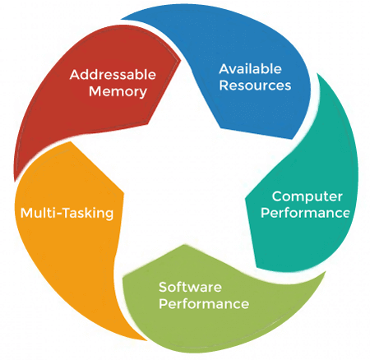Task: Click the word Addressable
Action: click(x=113, y=75)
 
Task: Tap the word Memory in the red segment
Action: click(x=118, y=92)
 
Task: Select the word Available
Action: click(x=250, y=69)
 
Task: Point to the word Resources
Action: click(x=255, y=85)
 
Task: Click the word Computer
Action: click(x=308, y=197)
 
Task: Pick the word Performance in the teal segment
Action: click(x=305, y=213)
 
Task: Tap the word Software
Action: click(x=190, y=287)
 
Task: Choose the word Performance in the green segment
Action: click(x=204, y=304)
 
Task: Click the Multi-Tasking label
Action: click(x=67, y=213)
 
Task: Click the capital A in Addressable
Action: click(x=76, y=75)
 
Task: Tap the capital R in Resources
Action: click(x=224, y=85)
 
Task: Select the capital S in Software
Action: click(x=164, y=287)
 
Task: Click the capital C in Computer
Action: click(x=277, y=196)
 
